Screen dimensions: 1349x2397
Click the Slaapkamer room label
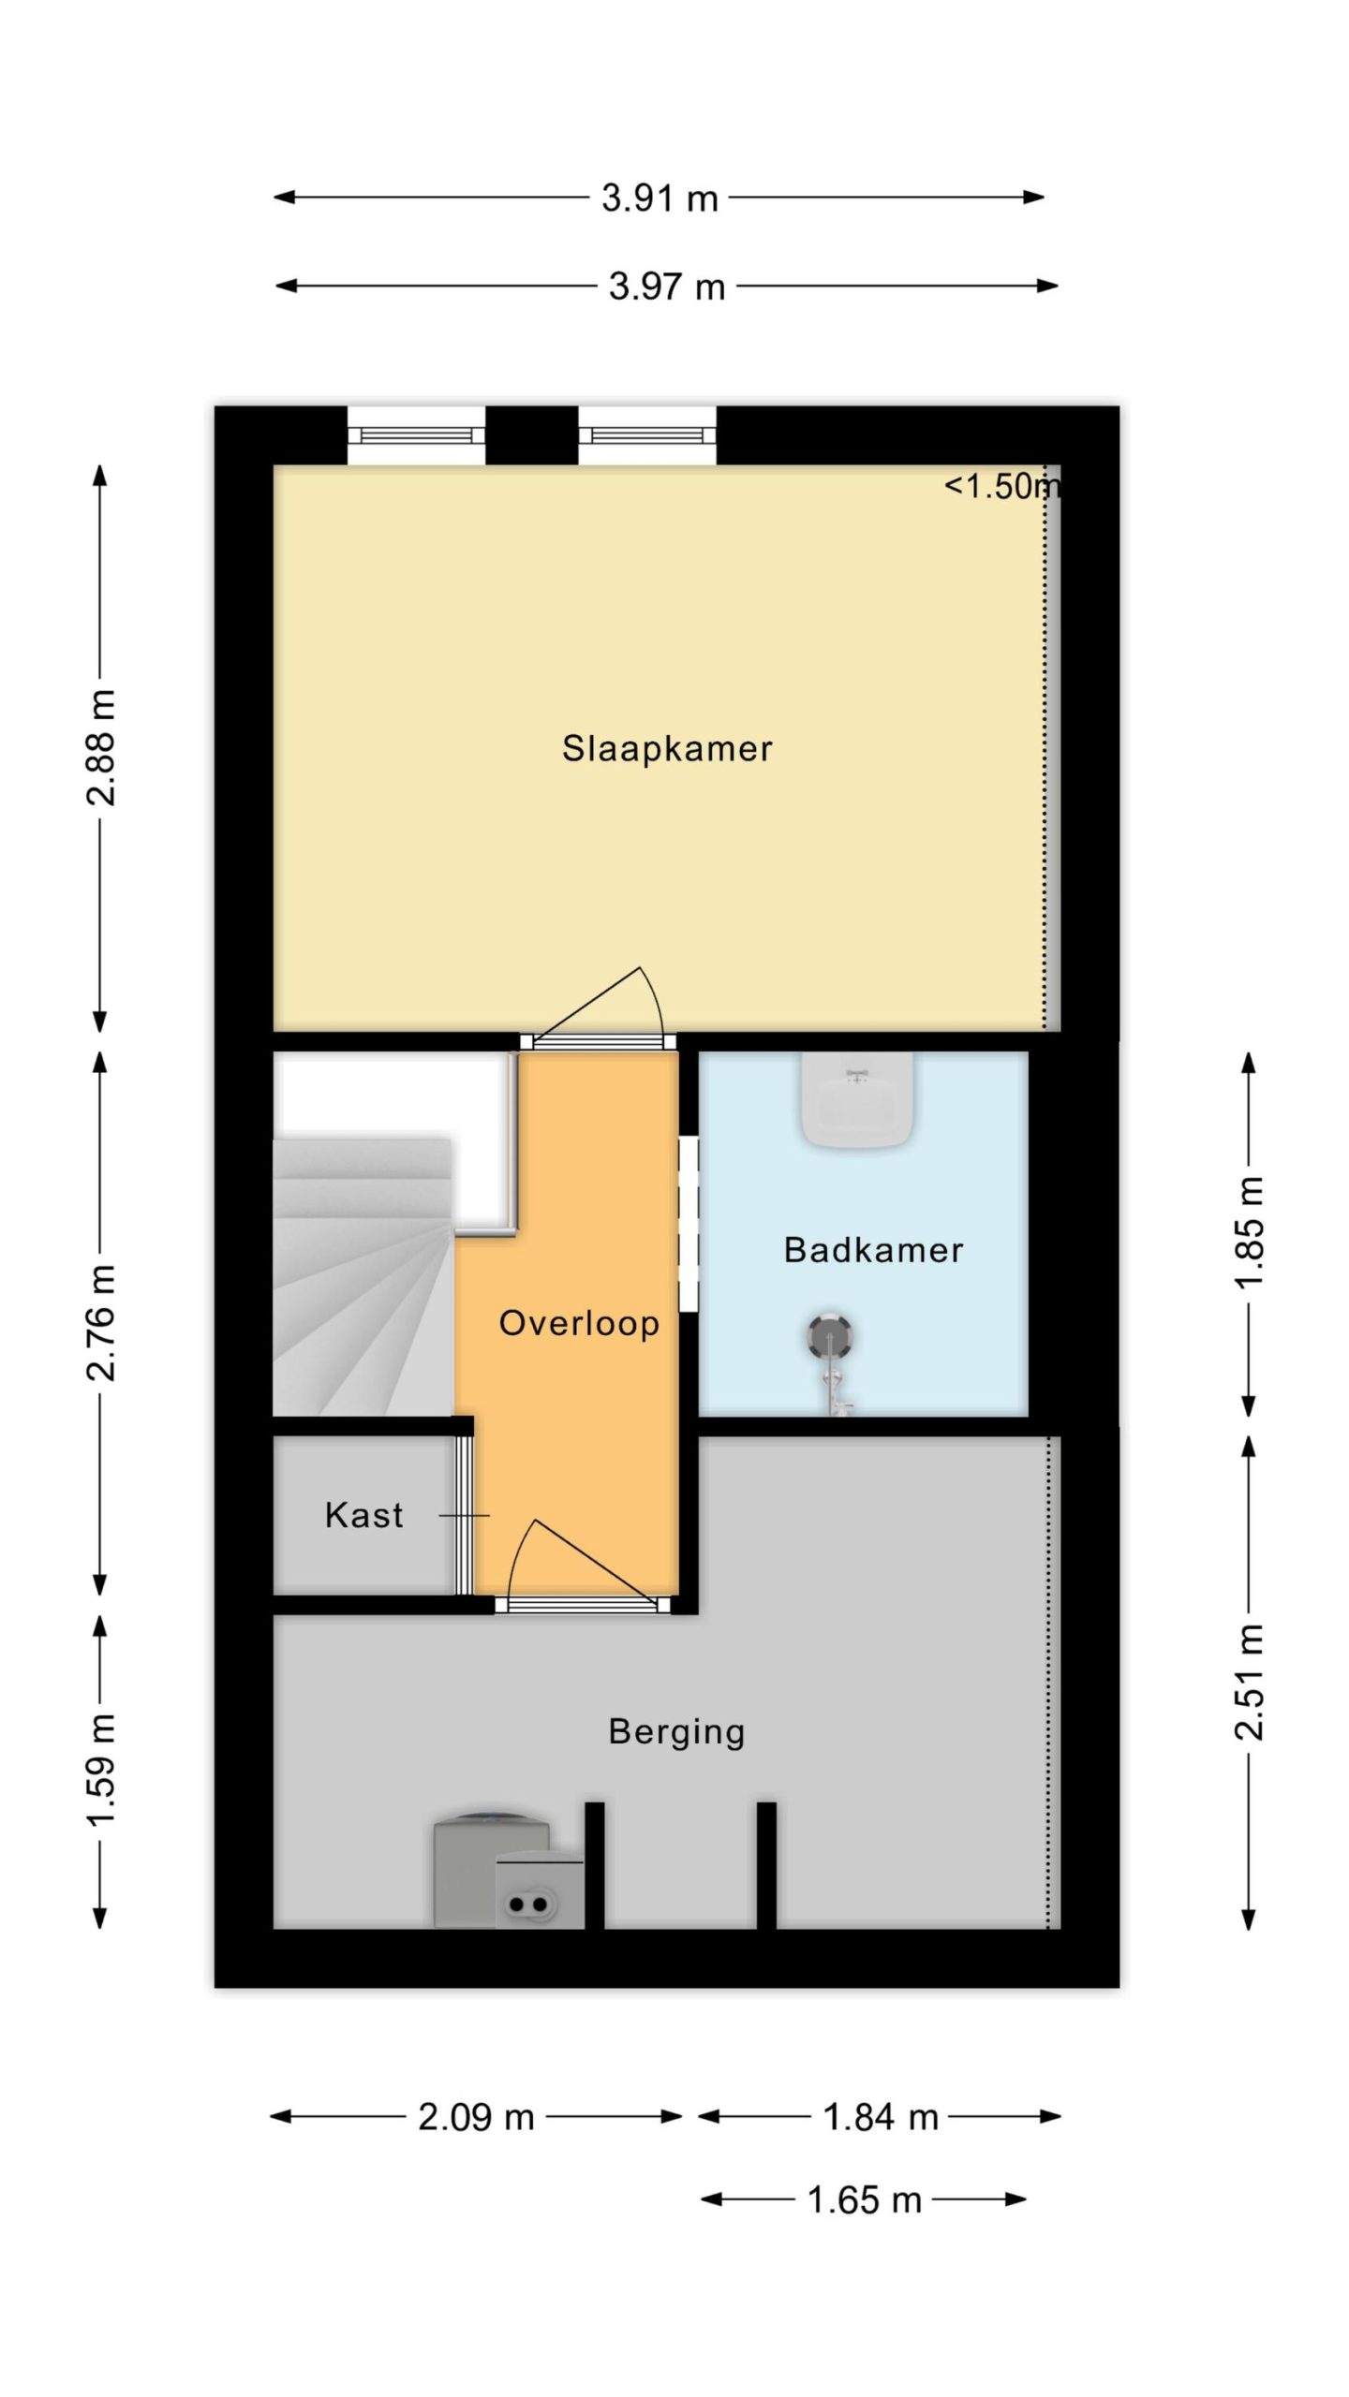pos(667,749)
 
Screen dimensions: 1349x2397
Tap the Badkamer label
pos(873,1250)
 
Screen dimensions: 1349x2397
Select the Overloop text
pos(579,1324)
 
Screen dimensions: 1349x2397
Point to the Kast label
pos(364,1515)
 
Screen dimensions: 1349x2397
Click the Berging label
pos(676,1732)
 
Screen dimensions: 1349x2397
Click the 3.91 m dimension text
pos(660,199)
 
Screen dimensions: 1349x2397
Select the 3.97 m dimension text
pos(667,287)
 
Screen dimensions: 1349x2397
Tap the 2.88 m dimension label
pos(101,747)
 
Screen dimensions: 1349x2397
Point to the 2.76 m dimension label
pos(101,1322)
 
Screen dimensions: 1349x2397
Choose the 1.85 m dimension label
pos(1249,1232)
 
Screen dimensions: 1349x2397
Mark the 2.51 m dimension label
pos(1249,1683)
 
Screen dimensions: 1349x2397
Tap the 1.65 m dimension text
pos(865,2200)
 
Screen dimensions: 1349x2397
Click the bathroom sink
pos(857,1099)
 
